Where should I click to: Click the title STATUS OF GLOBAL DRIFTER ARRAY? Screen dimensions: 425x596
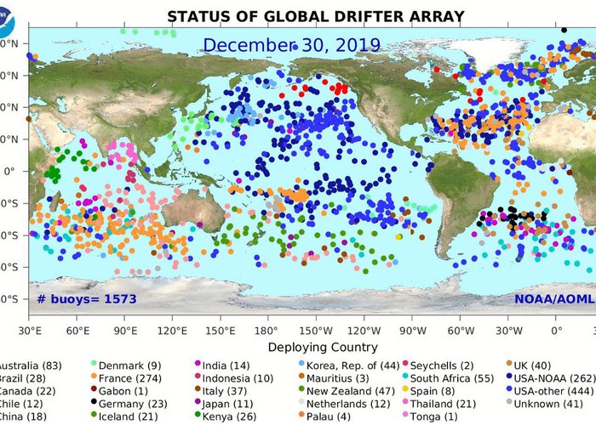point(303,16)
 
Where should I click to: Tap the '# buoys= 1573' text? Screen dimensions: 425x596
point(86,299)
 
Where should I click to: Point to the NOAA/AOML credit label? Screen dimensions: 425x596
point(549,299)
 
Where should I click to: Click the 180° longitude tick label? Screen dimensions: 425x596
point(267,330)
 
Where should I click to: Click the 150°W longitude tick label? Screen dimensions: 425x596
point(316,330)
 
